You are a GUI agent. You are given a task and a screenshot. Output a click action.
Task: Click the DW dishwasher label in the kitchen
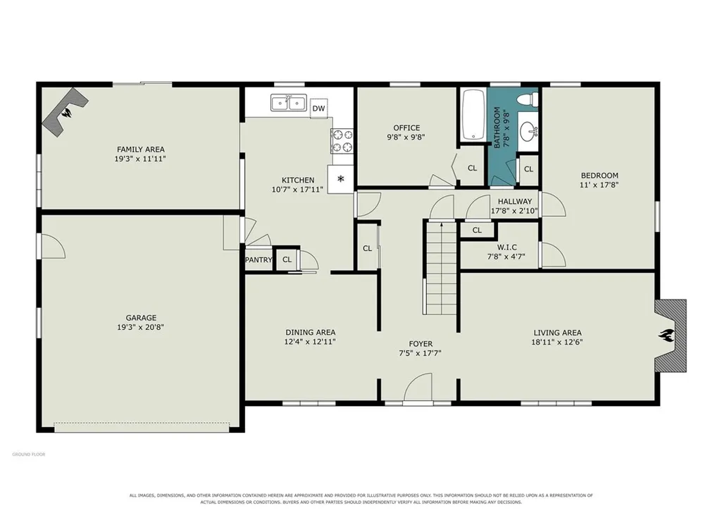click(318, 109)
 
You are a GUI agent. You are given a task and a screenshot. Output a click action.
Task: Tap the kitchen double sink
click(289, 102)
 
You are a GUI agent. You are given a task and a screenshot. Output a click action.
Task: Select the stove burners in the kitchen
click(342, 141)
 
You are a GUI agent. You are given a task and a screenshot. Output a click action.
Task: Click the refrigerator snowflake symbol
click(341, 178)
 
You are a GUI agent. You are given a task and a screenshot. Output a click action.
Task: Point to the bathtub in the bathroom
click(473, 115)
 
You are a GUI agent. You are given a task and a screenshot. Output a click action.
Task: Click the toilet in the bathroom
click(528, 99)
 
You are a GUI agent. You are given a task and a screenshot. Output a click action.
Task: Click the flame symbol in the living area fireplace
click(667, 335)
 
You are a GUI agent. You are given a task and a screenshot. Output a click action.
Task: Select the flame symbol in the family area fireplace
click(68, 113)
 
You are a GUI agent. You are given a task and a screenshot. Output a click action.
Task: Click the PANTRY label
click(259, 260)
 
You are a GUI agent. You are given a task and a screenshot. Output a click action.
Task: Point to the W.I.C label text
click(506, 247)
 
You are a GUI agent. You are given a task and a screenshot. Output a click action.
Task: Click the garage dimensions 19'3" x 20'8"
click(140, 328)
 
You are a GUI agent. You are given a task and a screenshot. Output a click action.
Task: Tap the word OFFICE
click(406, 128)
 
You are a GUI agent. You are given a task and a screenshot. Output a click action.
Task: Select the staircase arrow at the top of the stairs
click(442, 226)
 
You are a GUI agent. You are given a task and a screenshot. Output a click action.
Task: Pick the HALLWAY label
click(514, 202)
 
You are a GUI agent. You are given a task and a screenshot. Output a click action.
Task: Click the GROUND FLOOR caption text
click(29, 455)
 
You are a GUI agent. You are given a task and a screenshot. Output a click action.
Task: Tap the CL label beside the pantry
click(287, 259)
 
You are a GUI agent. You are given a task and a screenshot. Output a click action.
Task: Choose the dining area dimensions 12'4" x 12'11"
click(310, 342)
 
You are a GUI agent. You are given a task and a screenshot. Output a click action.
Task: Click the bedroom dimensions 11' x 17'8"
click(599, 185)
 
